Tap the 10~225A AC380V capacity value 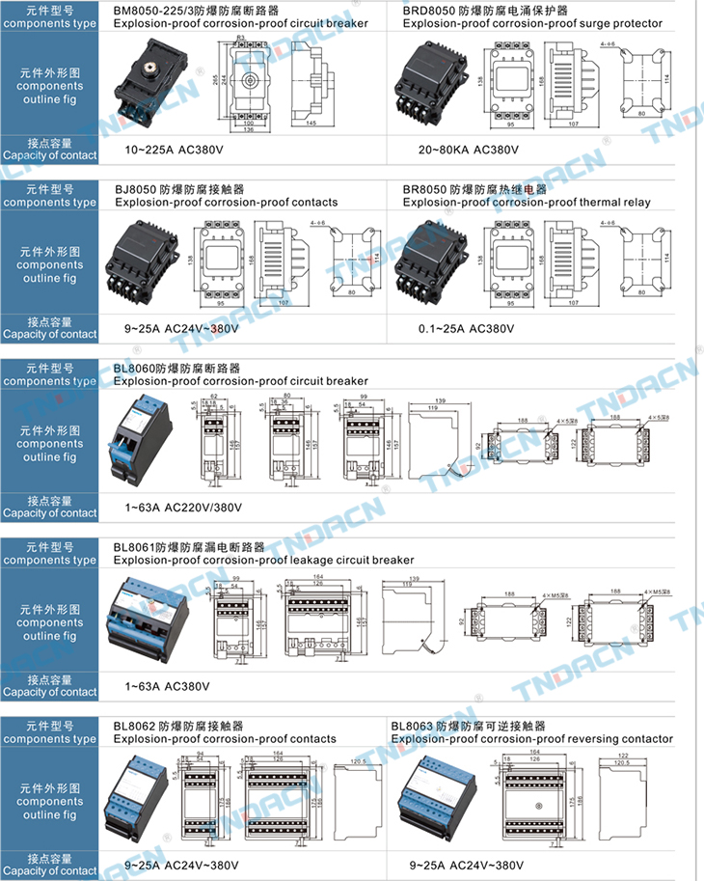click(173, 151)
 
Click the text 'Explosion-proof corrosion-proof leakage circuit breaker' click(263, 560)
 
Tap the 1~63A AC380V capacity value click(167, 686)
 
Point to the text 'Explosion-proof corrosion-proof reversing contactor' click(531, 739)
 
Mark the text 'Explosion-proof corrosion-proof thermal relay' click(527, 203)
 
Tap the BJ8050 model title click(179, 189)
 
